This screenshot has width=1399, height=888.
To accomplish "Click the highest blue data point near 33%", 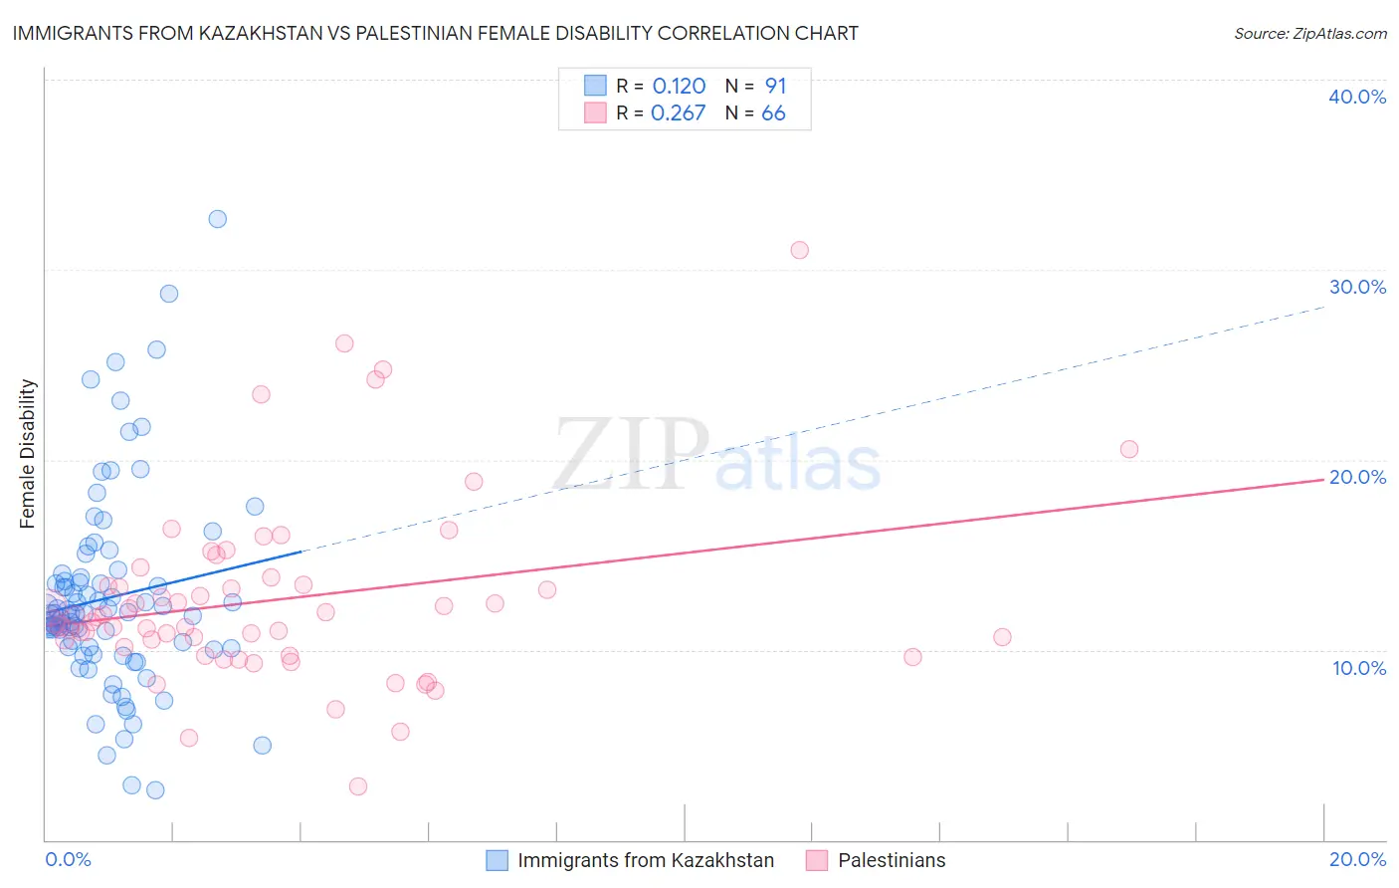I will (x=217, y=219).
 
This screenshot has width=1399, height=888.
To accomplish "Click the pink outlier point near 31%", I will (x=799, y=250).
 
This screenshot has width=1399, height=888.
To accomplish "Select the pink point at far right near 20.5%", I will (x=1128, y=449).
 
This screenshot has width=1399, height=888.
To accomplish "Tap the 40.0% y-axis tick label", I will (x=1357, y=97).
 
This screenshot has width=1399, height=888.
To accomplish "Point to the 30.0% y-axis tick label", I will (x=1357, y=287).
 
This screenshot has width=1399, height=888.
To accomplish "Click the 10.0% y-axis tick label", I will (x=1359, y=668).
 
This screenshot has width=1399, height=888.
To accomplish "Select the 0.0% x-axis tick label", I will (x=68, y=860).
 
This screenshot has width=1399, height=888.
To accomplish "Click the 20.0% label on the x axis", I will (x=1357, y=860).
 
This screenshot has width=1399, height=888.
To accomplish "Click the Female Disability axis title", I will (x=28, y=454).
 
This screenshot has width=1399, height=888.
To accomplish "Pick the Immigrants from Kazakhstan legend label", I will (x=645, y=861).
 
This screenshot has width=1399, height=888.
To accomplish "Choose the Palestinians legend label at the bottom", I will (x=892, y=861).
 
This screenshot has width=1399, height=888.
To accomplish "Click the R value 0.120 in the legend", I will (x=679, y=87).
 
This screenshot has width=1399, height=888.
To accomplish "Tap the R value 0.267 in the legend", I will (x=678, y=113).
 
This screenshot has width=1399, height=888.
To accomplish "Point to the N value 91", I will (x=775, y=87).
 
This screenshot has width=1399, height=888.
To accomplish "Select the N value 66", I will (x=773, y=113).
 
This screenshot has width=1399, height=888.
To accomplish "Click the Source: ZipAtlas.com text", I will (x=1309, y=34).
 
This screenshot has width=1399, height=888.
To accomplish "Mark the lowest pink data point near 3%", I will (x=358, y=786).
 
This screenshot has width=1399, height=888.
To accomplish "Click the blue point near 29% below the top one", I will (x=169, y=294).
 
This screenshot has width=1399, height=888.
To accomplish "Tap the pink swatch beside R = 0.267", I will (x=595, y=112).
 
